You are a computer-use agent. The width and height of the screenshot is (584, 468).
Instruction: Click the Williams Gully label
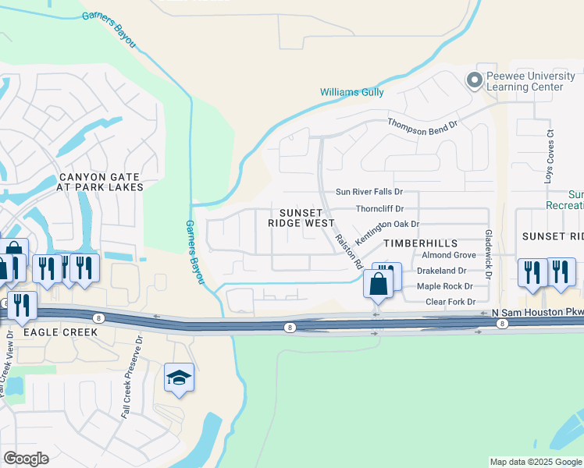[351, 92]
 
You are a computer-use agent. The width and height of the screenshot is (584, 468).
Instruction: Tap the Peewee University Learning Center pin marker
[473, 80]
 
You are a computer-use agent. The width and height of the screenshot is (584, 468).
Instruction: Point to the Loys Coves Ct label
[550, 163]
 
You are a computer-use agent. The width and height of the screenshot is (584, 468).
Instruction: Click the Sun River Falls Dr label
[369, 191]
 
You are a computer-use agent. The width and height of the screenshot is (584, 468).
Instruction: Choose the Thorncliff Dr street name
[379, 209]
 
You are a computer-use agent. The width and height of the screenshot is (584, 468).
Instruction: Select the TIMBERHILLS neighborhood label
[418, 243]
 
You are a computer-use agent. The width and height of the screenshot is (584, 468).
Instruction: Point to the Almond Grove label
[448, 255]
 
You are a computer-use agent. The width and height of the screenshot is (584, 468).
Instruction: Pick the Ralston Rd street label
[349, 251]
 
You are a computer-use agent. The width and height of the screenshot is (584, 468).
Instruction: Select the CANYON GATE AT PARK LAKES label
[100, 182]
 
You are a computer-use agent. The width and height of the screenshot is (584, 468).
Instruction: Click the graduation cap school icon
[179, 378]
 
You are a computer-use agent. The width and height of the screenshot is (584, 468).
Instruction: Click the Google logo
[26, 458]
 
